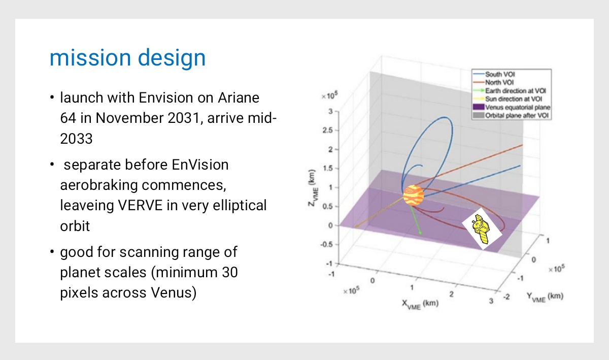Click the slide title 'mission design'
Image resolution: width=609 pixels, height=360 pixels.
pyautogui.click(x=127, y=58)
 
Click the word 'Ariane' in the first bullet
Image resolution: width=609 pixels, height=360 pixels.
pyautogui.click(x=239, y=97)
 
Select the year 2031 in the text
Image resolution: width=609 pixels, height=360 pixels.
pyautogui.click(x=184, y=118)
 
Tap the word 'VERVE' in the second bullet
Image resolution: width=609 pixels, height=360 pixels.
pyautogui.click(x=140, y=205)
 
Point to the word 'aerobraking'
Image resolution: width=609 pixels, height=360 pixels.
pyautogui.click(x=99, y=185)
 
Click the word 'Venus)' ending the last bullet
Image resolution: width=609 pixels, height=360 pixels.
pyautogui.click(x=174, y=293)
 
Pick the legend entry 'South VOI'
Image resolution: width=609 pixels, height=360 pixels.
pyautogui.click(x=500, y=74)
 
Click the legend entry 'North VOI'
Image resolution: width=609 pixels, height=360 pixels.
pyautogui.click(x=499, y=82)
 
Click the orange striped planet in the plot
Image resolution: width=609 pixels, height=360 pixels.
pyautogui.click(x=413, y=195)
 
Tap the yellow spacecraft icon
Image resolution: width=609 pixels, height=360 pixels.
pyautogui.click(x=481, y=229)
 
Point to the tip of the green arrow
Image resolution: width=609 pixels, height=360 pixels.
pyautogui.click(x=421, y=234)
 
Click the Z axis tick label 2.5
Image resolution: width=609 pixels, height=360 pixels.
pyautogui.click(x=327, y=130)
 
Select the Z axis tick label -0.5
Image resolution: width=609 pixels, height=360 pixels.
pyautogui.click(x=326, y=244)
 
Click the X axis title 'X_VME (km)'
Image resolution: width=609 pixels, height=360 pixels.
pyautogui.click(x=420, y=304)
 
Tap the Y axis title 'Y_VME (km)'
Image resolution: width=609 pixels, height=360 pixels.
pyautogui.click(x=545, y=297)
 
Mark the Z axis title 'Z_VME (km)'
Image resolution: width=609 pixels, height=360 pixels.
pyautogui.click(x=313, y=188)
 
